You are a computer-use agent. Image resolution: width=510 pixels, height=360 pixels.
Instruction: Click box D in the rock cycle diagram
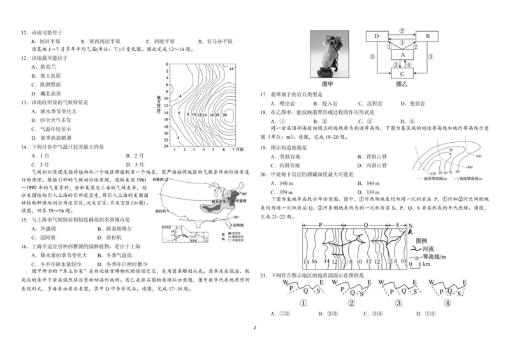point(377,36)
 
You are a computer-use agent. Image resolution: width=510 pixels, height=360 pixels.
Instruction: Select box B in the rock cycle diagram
point(428,36)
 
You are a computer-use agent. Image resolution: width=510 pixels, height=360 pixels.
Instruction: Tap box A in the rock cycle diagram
point(402,55)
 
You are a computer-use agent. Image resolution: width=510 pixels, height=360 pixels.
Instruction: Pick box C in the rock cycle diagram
point(402,73)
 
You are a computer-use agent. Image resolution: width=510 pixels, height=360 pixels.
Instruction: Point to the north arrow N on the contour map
point(411,227)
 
